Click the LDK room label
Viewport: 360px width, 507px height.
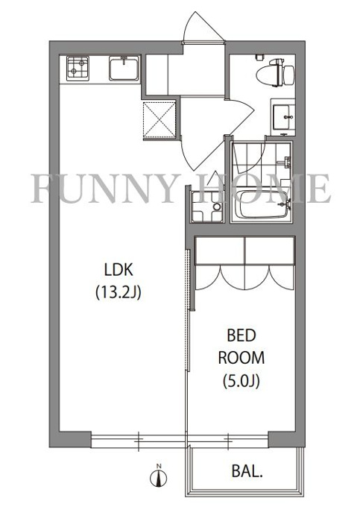(x=119, y=270)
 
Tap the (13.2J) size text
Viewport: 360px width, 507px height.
(x=119, y=293)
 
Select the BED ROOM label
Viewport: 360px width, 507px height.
(x=241, y=347)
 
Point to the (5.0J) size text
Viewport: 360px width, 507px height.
(x=241, y=381)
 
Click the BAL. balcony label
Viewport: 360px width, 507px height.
(x=247, y=472)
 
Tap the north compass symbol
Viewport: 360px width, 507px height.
(x=158, y=476)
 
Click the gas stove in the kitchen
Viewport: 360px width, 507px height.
(x=78, y=69)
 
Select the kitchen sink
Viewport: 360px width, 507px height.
(x=124, y=69)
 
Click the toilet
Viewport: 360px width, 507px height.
(x=275, y=73)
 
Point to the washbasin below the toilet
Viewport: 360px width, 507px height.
(x=283, y=118)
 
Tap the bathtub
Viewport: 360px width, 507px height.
(x=262, y=205)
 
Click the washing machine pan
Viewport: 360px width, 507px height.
(x=207, y=207)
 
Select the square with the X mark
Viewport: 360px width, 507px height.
(x=160, y=119)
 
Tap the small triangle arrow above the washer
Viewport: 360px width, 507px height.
(x=214, y=178)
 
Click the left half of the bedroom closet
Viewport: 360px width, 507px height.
(x=220, y=251)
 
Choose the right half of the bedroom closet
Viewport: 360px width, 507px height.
(x=270, y=251)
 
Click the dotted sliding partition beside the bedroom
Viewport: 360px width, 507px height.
(x=187, y=309)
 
